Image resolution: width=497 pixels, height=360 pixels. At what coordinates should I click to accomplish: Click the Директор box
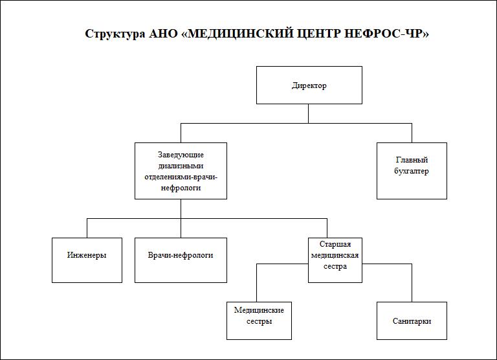(309, 85)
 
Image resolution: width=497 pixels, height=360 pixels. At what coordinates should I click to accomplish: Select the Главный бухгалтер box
(412, 171)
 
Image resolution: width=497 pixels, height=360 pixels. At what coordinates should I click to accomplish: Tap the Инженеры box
(87, 260)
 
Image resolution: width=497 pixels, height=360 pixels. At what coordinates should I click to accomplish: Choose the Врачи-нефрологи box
(181, 260)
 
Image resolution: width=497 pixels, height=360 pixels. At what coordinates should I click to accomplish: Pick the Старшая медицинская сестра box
(335, 260)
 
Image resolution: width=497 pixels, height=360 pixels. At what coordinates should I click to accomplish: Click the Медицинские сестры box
(259, 321)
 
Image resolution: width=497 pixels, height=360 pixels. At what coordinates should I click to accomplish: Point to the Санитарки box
(412, 321)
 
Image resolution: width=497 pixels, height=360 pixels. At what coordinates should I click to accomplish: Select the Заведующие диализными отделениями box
(181, 171)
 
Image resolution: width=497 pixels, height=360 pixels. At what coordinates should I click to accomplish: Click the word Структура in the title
(115, 34)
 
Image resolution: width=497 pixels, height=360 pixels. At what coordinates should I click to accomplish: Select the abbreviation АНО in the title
(163, 33)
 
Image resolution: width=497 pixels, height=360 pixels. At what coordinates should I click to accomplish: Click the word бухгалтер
(412, 172)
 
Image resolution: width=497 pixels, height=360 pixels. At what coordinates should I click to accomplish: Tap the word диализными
(181, 166)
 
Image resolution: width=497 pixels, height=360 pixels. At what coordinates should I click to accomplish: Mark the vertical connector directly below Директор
(309, 113)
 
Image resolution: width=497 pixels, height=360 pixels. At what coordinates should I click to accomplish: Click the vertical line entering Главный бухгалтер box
(412, 133)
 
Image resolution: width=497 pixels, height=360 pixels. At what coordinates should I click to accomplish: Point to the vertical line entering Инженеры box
(87, 228)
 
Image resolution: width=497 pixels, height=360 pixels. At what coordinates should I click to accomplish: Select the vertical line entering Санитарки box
(412, 282)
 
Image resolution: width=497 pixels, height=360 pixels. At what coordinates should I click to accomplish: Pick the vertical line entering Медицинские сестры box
(256, 282)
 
